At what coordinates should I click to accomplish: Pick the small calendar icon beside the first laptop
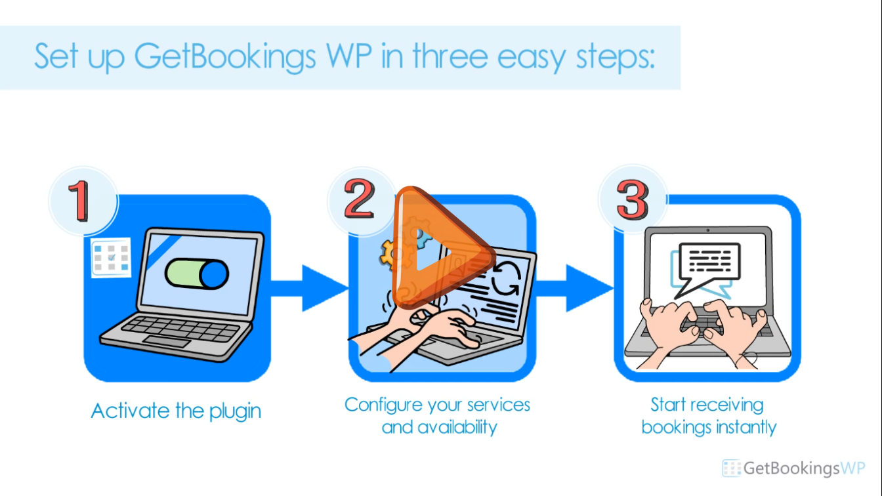tap(111, 257)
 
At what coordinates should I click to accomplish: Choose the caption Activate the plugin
tap(176, 411)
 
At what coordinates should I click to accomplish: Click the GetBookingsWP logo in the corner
tap(794, 468)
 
